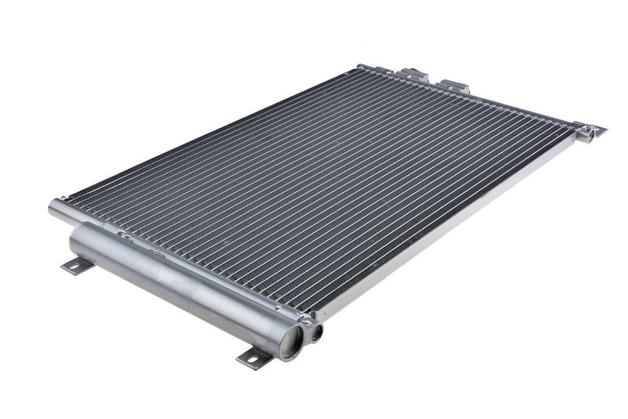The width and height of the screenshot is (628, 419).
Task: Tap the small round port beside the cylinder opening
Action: (x=315, y=333)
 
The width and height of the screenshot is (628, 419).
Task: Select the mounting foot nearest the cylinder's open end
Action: (x=254, y=357)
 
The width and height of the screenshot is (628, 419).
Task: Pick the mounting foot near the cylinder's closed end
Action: (x=77, y=265)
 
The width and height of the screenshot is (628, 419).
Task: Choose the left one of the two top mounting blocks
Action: (x=413, y=75)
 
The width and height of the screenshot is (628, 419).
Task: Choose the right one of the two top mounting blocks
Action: (x=455, y=86)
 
